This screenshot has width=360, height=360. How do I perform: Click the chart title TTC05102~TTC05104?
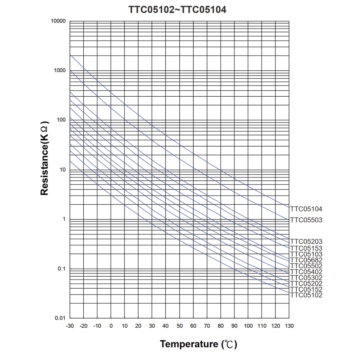point(177,9)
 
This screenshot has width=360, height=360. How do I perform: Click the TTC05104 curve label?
point(306,209)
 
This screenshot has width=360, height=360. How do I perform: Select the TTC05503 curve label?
point(306,220)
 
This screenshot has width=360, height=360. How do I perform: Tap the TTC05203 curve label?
point(306,242)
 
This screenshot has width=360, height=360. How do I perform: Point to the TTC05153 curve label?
point(306,248)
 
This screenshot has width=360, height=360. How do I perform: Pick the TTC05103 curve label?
point(306,254)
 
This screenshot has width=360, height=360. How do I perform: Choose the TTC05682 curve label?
point(306,260)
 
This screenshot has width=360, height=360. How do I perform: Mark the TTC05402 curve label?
point(306,272)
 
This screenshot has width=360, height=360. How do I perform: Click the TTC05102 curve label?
point(306,295)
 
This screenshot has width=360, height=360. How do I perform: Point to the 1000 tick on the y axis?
point(60,71)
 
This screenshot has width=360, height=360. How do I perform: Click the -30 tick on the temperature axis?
point(70,326)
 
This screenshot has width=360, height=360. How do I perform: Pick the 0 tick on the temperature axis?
point(111,326)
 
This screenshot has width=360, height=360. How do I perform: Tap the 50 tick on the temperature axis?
point(180,326)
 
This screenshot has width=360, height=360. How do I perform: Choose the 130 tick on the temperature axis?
point(289,326)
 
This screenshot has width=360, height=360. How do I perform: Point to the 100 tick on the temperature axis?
point(248,326)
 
